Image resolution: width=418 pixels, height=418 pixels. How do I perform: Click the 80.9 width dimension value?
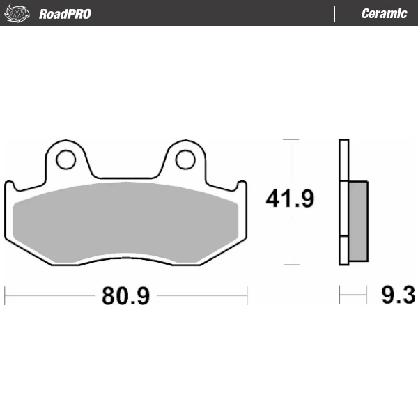click(x=126, y=295)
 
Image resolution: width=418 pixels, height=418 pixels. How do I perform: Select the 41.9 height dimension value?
click(x=290, y=199)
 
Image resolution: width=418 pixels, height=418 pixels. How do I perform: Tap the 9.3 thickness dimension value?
click(x=398, y=295)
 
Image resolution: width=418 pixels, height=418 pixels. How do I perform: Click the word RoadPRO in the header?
click(x=65, y=13)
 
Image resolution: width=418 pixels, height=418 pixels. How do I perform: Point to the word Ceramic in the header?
click(x=384, y=13)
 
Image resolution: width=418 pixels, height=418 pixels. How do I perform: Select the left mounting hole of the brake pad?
click(x=66, y=160)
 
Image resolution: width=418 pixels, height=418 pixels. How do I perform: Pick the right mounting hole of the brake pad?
click(x=185, y=160)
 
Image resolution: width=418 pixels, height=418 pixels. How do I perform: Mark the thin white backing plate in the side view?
click(x=342, y=202)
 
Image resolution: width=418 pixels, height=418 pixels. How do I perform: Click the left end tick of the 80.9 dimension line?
click(x=6, y=295)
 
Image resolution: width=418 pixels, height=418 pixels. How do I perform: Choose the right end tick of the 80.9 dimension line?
click(x=247, y=295)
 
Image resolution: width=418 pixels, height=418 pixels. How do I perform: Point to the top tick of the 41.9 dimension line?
click(x=290, y=140)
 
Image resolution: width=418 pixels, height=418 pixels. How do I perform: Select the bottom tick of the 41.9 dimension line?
click(x=290, y=265)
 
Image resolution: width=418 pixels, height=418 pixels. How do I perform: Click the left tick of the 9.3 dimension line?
click(x=339, y=295)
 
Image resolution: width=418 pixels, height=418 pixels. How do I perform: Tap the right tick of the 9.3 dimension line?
click(x=367, y=295)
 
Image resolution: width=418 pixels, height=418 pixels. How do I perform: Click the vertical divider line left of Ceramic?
click(x=334, y=13)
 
